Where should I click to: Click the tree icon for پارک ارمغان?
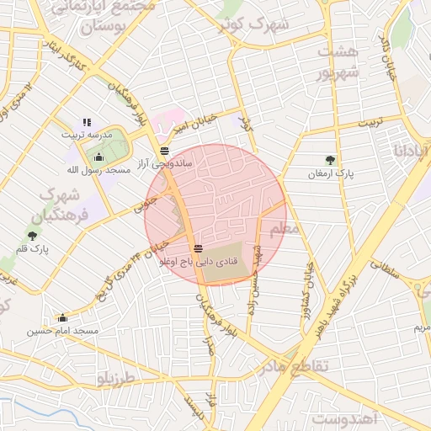[x=329, y=160]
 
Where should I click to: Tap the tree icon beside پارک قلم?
[x=32, y=237]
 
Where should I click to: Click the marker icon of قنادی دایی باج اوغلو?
[x=198, y=248]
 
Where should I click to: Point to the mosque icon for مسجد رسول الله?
[x=98, y=156]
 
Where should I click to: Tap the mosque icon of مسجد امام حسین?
[x=62, y=318]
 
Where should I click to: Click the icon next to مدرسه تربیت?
[x=86, y=123]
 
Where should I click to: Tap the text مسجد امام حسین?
[x=62, y=331]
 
